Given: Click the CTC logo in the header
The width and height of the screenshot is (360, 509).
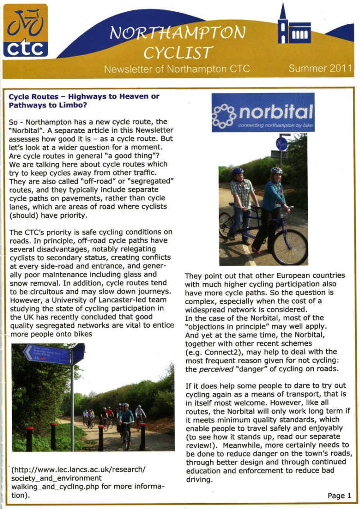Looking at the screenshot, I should [x=26, y=31].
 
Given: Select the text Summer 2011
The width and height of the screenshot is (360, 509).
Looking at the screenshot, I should [x=320, y=69].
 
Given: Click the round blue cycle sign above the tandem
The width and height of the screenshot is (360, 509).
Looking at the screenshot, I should [x=282, y=144].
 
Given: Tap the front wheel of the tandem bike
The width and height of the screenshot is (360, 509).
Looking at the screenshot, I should [x=289, y=247].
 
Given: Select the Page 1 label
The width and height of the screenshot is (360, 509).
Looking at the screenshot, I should [x=339, y=495].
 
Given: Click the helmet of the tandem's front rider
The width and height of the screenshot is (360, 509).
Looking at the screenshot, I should [x=276, y=171].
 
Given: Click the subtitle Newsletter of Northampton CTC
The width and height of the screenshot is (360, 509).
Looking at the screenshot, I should [x=177, y=69].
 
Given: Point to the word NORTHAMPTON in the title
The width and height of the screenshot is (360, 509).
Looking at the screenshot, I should [x=178, y=34].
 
